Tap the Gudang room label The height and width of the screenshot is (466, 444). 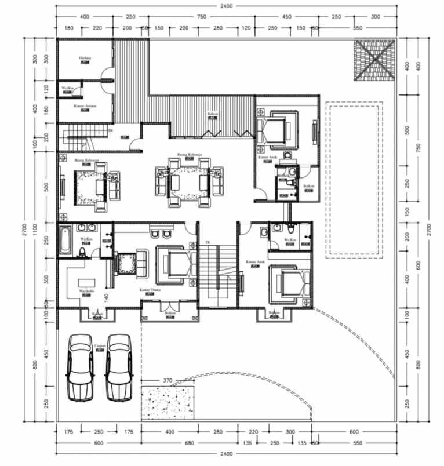click(x=85, y=59)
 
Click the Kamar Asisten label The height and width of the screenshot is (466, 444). click(x=85, y=107)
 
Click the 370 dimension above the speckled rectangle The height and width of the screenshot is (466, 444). click(x=168, y=380)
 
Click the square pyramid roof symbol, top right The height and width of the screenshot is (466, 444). click(x=374, y=60)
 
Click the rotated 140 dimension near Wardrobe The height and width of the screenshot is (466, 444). click(x=106, y=297)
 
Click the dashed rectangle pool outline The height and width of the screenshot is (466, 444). click(x=353, y=180)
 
